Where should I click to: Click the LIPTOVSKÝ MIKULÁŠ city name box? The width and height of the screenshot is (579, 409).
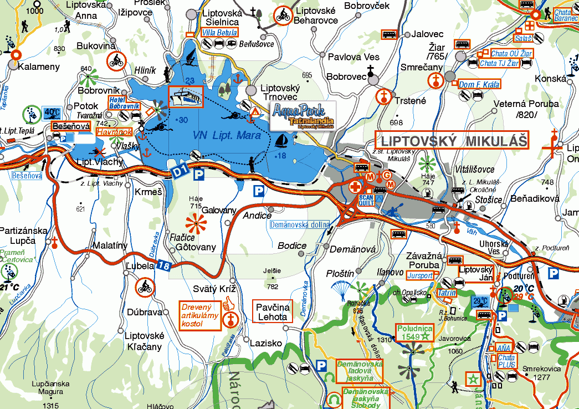coord(452,140)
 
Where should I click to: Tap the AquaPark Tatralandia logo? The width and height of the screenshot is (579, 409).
coord(303,115)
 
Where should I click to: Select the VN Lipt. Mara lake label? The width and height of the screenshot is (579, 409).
coord(227,135)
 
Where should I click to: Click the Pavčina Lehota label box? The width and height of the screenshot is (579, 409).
coord(272,312)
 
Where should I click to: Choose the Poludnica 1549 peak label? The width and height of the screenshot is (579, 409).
coord(413,331)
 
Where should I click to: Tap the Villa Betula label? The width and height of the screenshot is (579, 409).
coord(220,33)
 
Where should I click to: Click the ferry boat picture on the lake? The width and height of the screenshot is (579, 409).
coord(186,98)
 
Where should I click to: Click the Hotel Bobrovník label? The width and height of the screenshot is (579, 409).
coord(124,102)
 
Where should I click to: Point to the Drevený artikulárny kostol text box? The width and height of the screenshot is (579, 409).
coord(199,314)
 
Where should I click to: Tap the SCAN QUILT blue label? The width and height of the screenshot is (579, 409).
coord(366,200)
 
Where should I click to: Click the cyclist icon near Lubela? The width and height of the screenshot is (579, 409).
coord(145,287)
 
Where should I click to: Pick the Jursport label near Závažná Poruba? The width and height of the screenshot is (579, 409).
coord(420,275)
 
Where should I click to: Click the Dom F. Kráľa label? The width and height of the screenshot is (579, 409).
coord(479,85)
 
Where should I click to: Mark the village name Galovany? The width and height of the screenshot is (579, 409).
coord(219,211)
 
